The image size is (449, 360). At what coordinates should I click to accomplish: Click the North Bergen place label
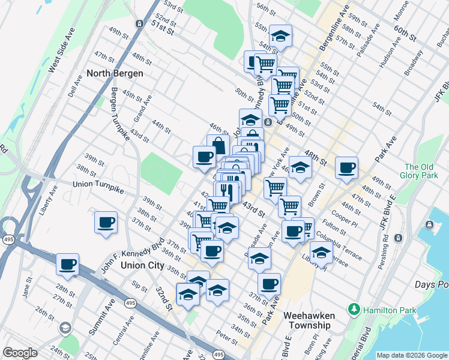click(x=115, y=73)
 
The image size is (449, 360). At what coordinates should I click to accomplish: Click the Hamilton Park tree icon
click(x=355, y=310)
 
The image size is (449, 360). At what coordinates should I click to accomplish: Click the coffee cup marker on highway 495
click(x=67, y=263)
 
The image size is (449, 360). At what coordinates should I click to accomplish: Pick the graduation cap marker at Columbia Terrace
click(x=321, y=251)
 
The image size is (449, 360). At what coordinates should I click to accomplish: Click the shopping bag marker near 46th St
click(x=218, y=145)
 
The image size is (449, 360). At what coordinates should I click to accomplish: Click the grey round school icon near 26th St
click(x=64, y=328)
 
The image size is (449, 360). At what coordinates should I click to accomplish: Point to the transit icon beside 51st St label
click(x=139, y=23)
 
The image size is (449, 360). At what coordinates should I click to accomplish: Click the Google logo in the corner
click(x=20, y=353)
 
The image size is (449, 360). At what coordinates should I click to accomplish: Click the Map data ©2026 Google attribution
click(x=412, y=355)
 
